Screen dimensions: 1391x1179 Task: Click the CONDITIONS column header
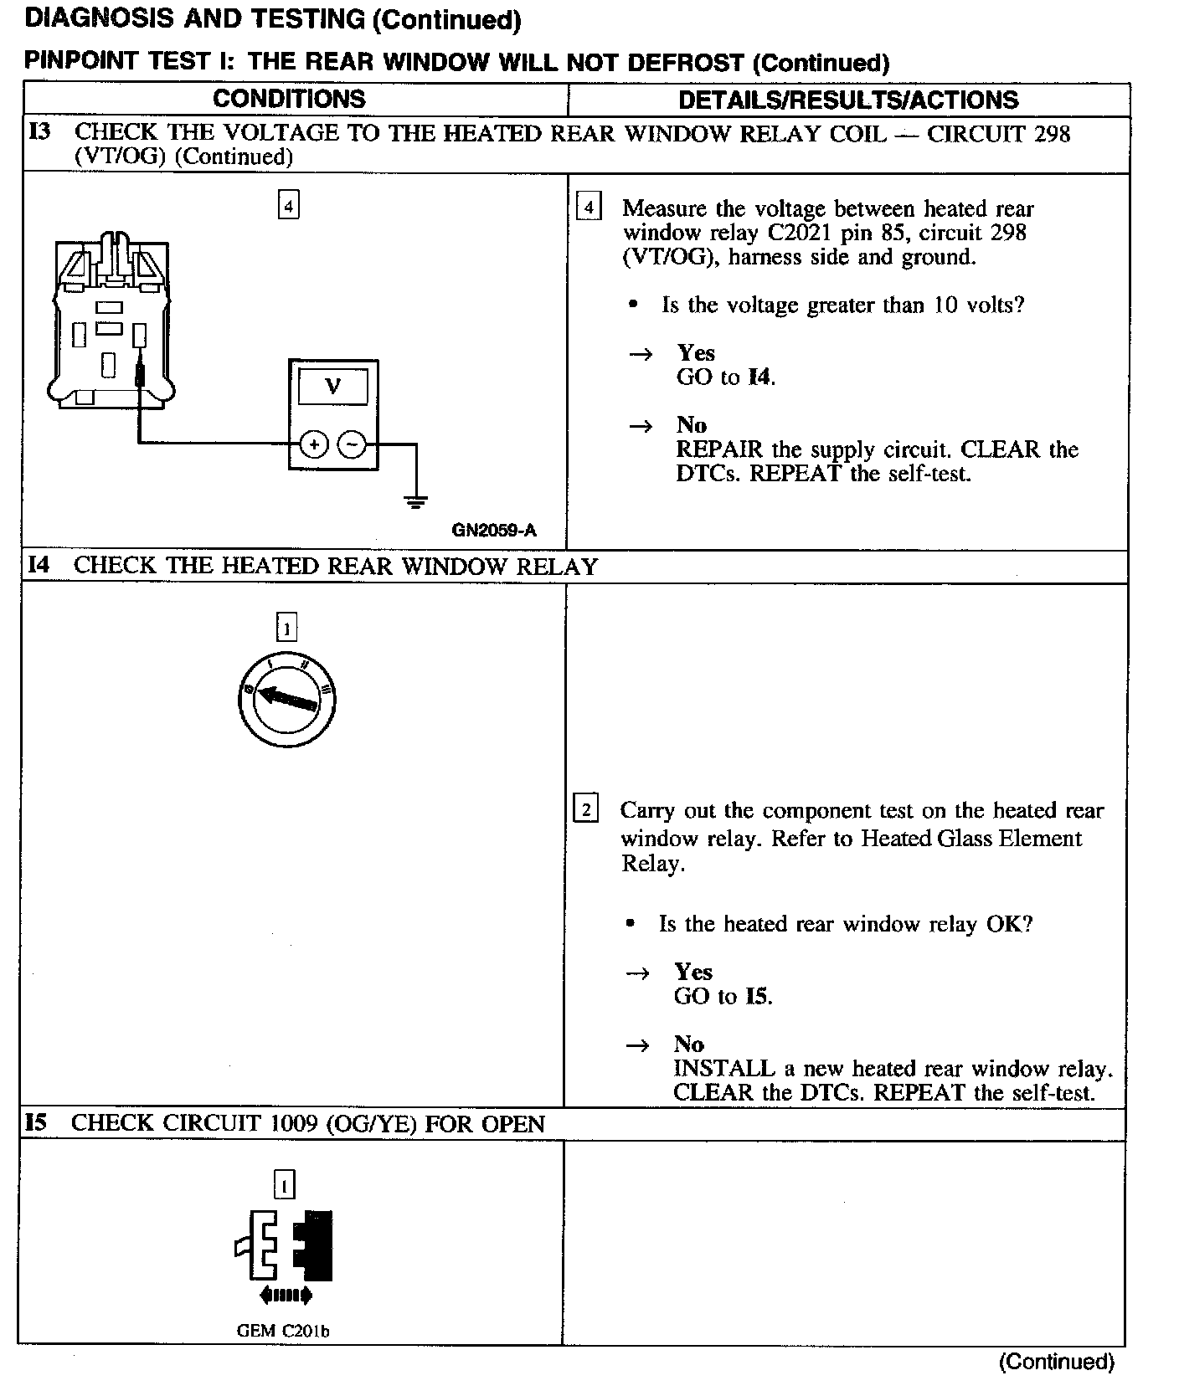[289, 99]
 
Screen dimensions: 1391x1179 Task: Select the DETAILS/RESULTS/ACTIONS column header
[847, 100]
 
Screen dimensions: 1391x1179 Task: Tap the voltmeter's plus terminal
[314, 445]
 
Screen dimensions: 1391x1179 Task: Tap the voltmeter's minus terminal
[352, 445]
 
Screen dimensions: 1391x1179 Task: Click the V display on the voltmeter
[333, 387]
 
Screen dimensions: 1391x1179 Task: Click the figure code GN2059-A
[494, 530]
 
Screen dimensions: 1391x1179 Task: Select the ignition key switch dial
[287, 699]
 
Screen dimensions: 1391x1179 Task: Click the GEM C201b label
[283, 1330]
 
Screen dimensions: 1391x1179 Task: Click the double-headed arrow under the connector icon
[286, 1296]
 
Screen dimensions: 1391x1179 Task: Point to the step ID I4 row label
[39, 565]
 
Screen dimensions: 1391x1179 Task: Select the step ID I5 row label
[36, 1122]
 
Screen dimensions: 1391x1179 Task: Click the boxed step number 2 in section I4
[585, 809]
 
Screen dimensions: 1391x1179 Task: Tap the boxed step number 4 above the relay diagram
[288, 205]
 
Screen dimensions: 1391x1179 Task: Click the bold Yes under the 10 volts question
[696, 352]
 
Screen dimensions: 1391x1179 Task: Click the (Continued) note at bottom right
[1056, 1362]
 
